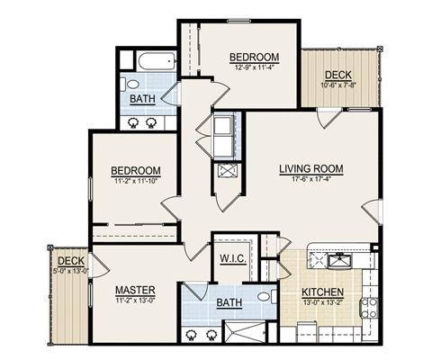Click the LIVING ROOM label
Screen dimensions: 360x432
(310, 168)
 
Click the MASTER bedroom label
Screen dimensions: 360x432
(136, 290)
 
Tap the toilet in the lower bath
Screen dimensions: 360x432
(265, 296)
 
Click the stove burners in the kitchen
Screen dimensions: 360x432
(367, 309)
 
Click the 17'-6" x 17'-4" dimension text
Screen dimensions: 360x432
(310, 179)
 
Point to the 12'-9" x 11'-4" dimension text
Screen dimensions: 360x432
(253, 66)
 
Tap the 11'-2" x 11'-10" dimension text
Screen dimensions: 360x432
(136, 181)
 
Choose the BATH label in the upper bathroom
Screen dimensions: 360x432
(141, 99)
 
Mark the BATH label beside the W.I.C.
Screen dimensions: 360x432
(228, 304)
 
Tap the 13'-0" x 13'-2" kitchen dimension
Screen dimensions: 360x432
(322, 303)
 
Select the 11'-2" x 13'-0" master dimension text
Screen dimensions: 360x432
(136, 300)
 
